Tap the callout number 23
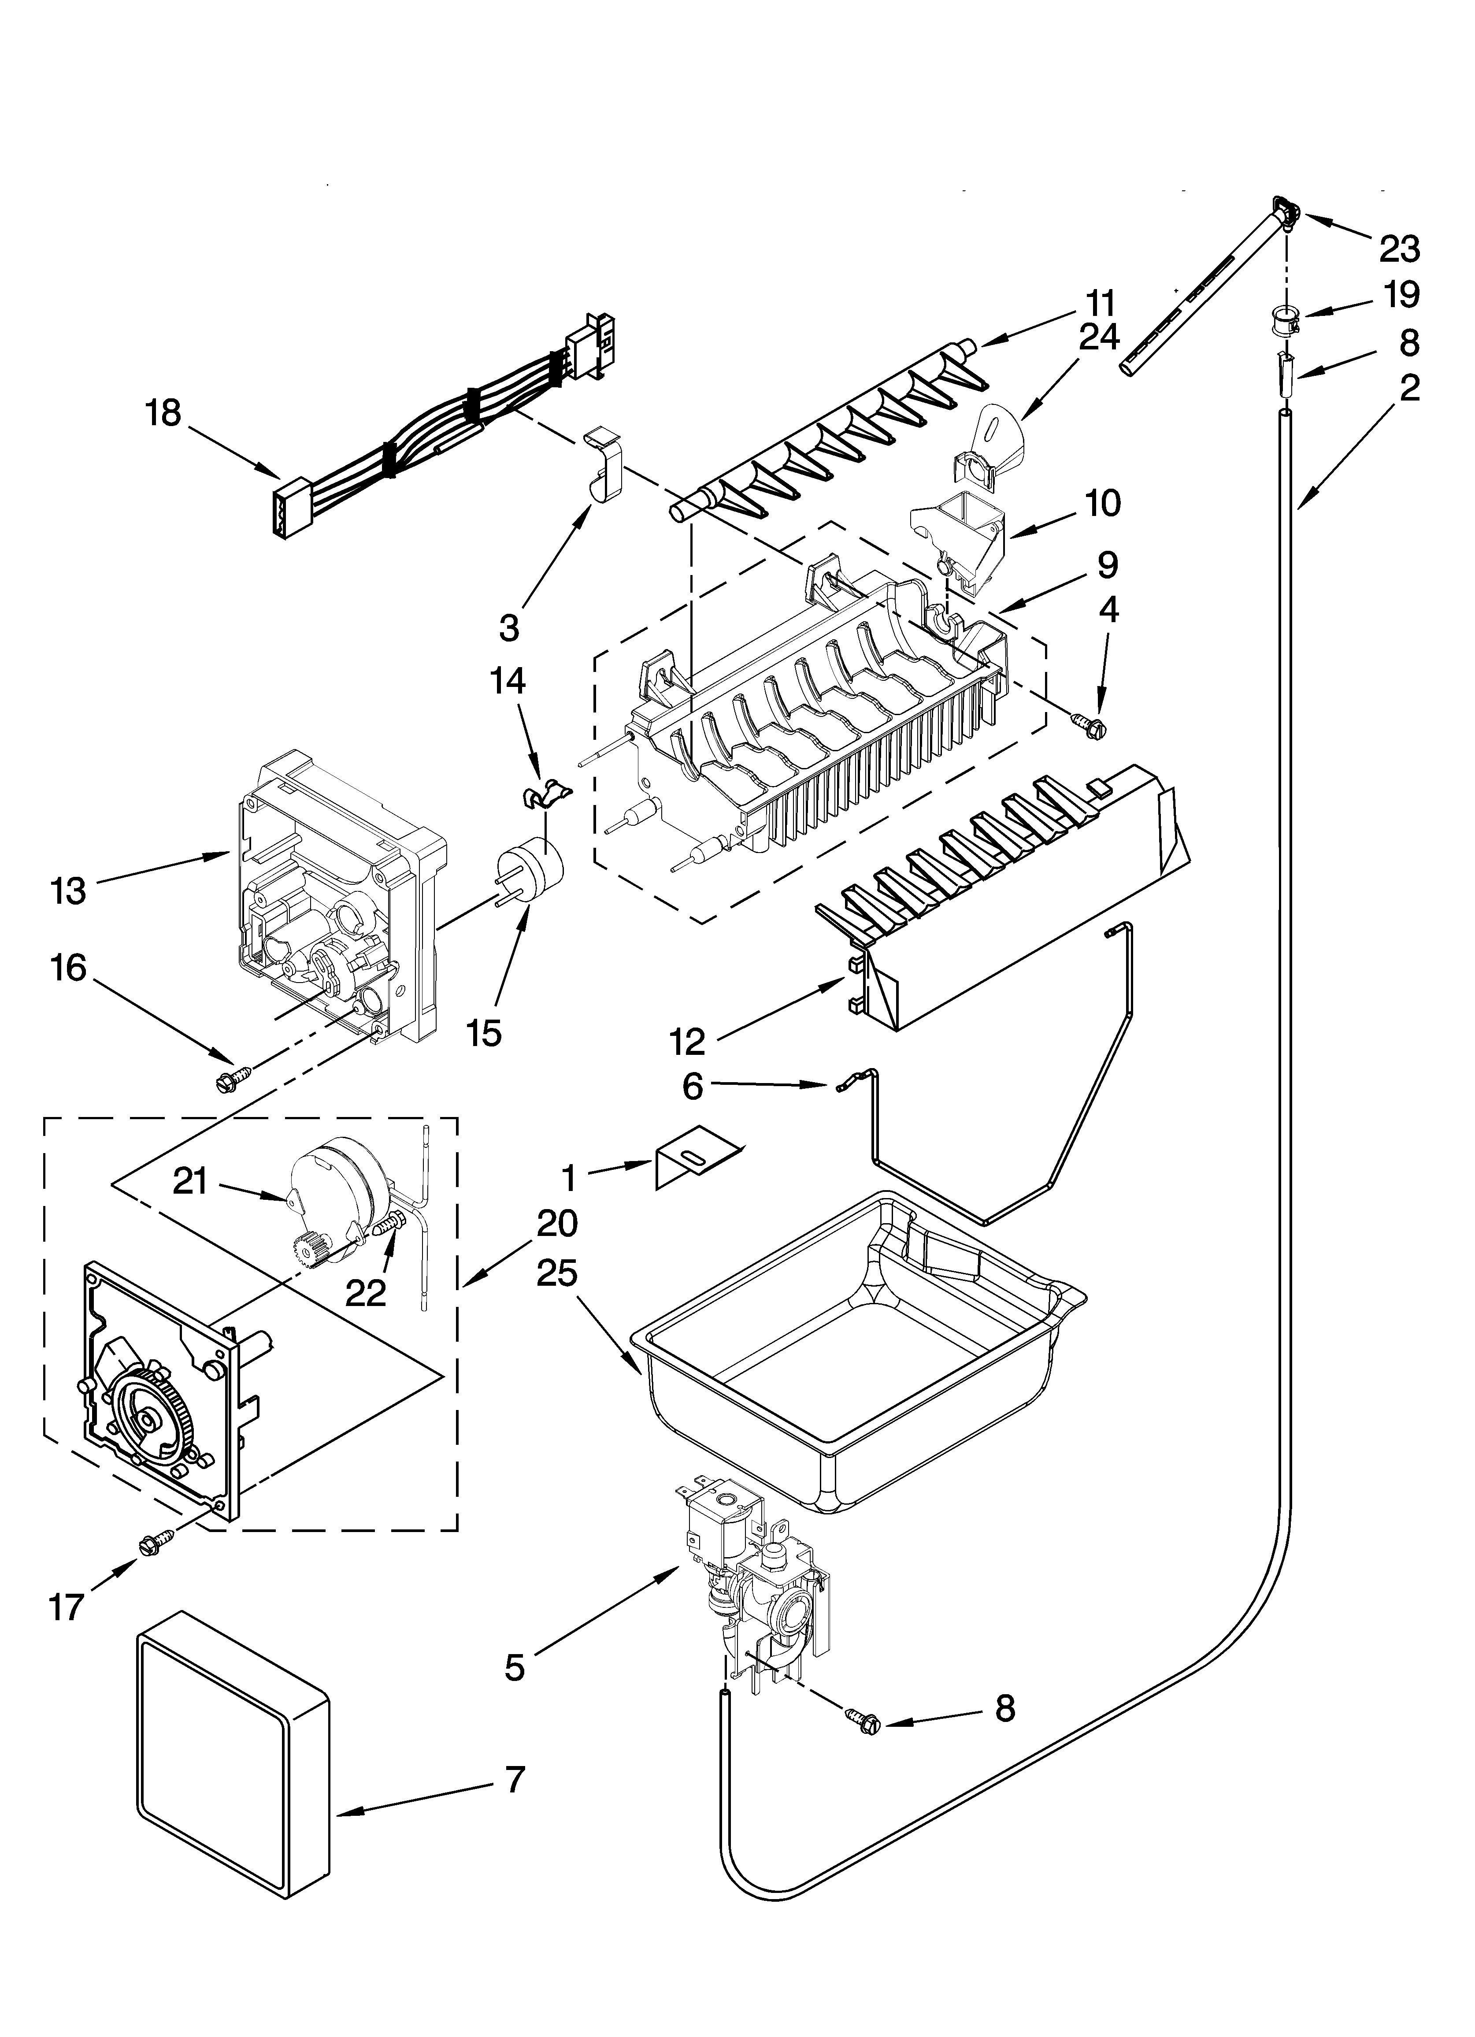pos(1400,249)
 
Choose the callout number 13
pos(68,891)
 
